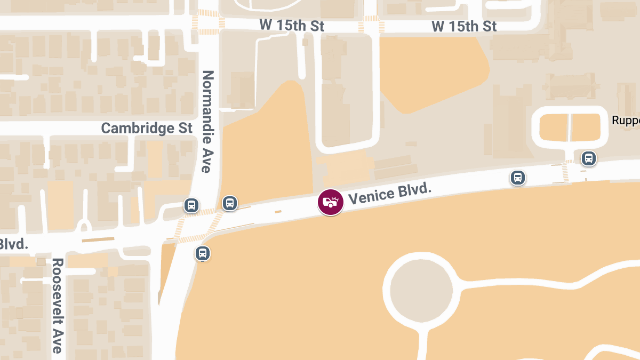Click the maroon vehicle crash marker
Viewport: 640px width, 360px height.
(331, 202)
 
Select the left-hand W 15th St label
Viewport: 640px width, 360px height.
(292, 25)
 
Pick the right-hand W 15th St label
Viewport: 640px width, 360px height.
(464, 26)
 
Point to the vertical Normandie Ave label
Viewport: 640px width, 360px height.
(207, 122)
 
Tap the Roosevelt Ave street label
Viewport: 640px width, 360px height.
(58, 306)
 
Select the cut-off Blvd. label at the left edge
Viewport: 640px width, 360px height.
(13, 244)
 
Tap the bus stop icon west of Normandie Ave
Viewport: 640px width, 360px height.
(191, 205)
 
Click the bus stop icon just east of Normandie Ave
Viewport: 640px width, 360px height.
(229, 203)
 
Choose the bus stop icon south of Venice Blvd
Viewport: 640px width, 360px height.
(202, 253)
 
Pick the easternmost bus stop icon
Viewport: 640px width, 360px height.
(588, 158)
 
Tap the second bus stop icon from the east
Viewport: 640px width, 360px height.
(517, 177)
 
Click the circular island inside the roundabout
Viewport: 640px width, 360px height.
(421, 290)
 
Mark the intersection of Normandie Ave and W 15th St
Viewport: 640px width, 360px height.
(208, 23)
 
